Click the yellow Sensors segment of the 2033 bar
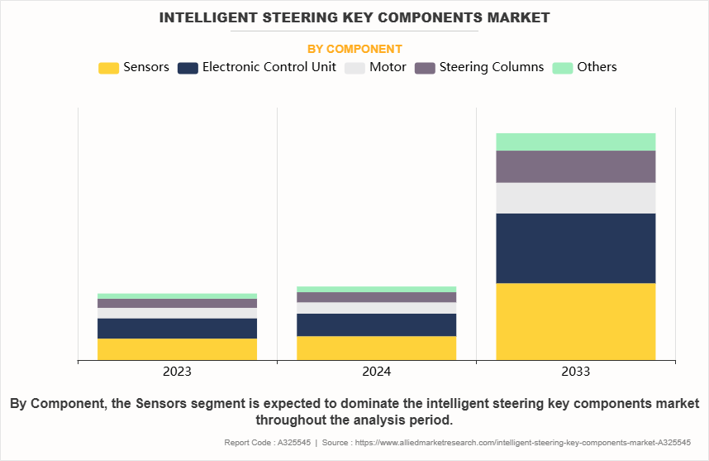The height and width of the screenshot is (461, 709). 575,322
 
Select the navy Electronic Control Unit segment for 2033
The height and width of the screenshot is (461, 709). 575,248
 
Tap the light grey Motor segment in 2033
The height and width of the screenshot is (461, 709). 575,198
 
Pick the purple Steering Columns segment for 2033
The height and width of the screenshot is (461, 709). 575,166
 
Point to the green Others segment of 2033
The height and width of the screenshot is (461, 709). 575,142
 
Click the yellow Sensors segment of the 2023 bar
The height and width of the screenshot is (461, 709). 177,349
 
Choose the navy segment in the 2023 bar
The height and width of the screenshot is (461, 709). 177,329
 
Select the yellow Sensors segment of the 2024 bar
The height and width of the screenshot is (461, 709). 376,348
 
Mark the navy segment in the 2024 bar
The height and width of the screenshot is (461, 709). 376,324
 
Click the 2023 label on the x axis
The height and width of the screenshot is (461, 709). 177,372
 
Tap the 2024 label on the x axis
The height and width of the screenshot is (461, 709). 376,372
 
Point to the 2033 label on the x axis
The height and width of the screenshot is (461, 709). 575,372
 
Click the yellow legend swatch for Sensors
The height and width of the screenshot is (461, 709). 108,68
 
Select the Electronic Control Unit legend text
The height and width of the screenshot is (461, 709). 269,68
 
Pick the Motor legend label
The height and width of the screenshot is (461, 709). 388,68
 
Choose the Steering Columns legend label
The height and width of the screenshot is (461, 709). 492,68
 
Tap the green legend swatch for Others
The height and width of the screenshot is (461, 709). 562,68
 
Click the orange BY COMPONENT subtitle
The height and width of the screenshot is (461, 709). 354,49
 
